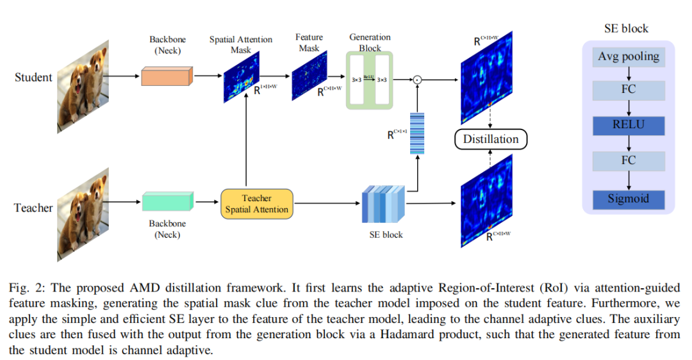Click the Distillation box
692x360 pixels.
[490, 139]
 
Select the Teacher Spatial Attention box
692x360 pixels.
[256, 204]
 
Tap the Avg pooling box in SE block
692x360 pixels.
[628, 56]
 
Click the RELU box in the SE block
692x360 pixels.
[628, 124]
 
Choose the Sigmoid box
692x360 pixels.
[628, 199]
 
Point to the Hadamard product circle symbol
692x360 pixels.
[417, 79]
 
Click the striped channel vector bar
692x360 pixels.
[417, 133]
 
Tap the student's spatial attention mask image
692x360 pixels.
[242, 78]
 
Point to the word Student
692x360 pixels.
[33, 78]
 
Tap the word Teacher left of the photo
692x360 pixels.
[33, 208]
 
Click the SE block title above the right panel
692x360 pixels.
[626, 29]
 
